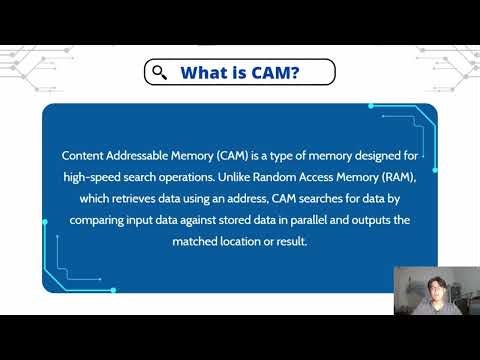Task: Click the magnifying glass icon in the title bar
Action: [159, 73]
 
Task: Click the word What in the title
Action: [205, 73]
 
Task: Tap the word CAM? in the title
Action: [278, 73]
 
